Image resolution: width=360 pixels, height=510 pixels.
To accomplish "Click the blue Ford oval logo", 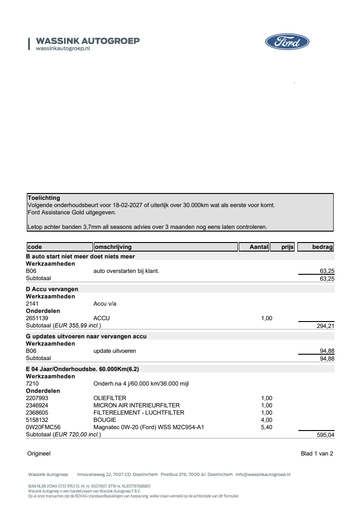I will (287, 43).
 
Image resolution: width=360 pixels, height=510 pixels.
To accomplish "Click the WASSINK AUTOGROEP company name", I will (88, 41).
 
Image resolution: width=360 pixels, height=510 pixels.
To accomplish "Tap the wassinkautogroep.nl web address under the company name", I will (63, 48).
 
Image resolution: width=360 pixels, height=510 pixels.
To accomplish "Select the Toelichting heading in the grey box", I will (44, 198).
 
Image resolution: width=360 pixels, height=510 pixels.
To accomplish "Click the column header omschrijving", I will (113, 247).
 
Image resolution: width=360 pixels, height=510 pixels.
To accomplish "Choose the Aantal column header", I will (259, 247).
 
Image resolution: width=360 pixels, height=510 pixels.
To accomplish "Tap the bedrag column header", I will (322, 247).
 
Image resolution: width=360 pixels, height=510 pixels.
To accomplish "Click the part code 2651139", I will (37, 318).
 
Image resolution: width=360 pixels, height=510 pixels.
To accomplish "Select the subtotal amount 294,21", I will (325, 326).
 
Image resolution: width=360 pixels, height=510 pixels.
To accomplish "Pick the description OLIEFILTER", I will (109, 398).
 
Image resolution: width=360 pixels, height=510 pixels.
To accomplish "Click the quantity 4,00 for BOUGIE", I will (266, 420).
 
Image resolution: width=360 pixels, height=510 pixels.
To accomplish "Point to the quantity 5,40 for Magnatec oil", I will (266, 427).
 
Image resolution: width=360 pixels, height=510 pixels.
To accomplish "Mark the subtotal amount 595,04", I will (325, 435).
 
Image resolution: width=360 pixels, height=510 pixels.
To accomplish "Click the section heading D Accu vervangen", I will (52, 289).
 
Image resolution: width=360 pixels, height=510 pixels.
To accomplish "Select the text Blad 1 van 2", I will (317, 453).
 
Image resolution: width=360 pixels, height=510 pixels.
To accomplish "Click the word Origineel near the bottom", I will (39, 453).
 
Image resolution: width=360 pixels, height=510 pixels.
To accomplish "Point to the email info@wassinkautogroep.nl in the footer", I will (263, 475).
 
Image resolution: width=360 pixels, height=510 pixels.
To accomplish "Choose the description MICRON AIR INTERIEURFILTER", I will (137, 406).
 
